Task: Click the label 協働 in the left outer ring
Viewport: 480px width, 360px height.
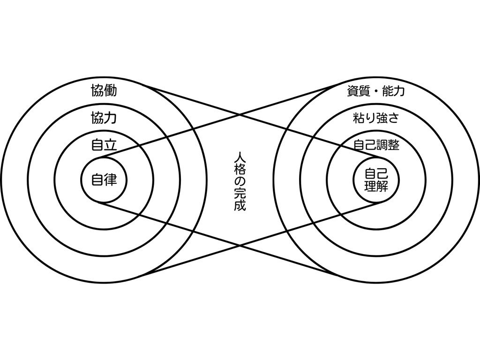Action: [104, 90]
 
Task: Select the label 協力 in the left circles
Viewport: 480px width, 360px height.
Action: [104, 118]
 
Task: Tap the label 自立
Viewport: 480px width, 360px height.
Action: [104, 145]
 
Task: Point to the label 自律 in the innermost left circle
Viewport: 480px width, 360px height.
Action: [104, 180]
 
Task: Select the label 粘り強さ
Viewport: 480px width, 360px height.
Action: [376, 118]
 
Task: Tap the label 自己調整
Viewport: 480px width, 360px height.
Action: [376, 145]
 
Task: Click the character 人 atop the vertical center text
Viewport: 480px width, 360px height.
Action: [240, 157]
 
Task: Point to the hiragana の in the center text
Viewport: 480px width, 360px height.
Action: [240, 181]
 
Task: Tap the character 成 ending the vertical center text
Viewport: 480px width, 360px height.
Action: [240, 205]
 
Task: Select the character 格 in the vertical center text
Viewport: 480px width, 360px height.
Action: [240, 169]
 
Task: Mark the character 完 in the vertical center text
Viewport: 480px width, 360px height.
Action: [240, 193]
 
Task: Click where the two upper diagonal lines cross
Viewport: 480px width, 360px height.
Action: [240, 114]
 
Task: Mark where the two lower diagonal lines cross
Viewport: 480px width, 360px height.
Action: [240, 245]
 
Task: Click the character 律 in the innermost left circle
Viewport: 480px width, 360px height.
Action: [110, 180]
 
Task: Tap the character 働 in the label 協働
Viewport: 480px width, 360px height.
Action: [110, 90]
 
